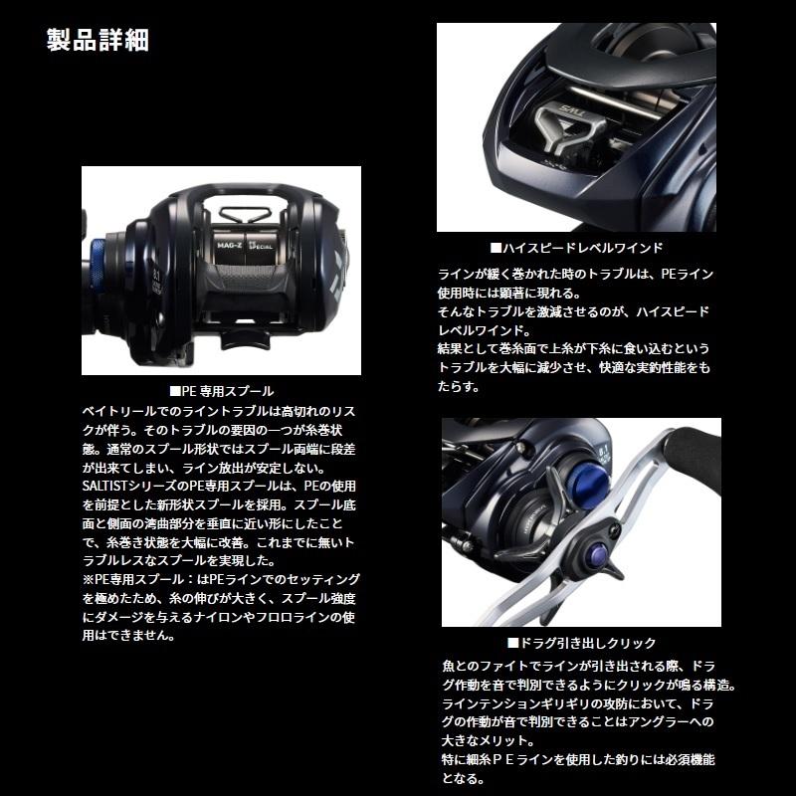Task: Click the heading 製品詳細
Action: (98, 43)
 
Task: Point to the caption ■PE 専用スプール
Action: (221, 392)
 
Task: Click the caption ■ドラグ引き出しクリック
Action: (581, 644)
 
